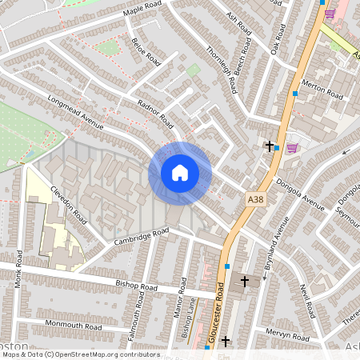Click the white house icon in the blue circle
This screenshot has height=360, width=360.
point(179,173)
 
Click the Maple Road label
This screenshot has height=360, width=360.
point(142,10)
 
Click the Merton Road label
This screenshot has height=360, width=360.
point(322,90)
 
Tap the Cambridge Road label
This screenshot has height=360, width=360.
point(141,236)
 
